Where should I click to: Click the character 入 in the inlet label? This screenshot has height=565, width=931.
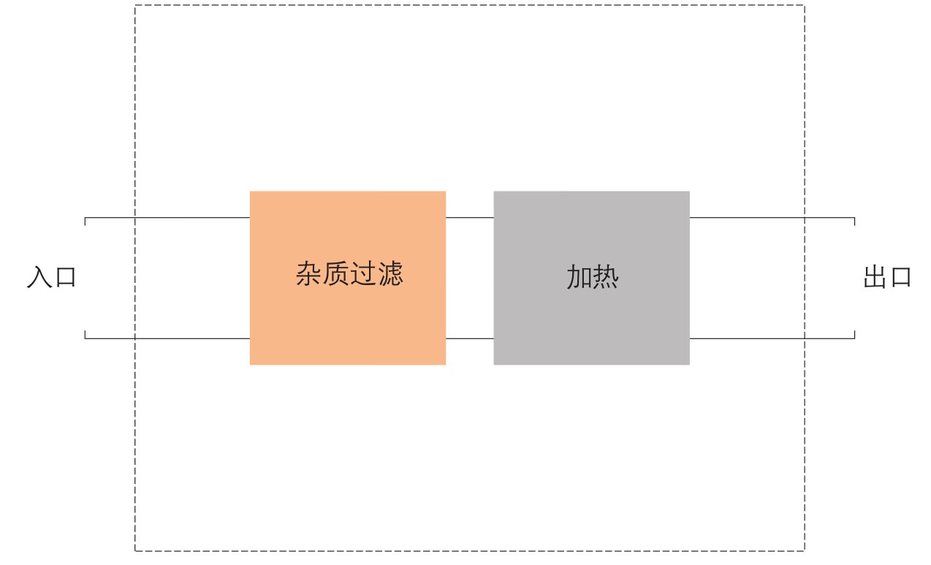click(39, 278)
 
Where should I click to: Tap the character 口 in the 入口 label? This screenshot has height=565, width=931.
click(65, 278)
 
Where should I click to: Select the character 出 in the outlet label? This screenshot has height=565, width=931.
click(875, 278)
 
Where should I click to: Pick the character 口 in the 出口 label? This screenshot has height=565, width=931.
click(900, 278)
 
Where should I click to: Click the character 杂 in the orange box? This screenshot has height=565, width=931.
click(308, 274)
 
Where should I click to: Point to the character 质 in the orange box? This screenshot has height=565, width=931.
click(335, 274)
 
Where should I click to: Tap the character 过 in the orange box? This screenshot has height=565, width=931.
click(362, 274)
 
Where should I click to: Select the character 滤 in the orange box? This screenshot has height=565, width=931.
click(389, 274)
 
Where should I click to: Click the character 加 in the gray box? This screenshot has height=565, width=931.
click(578, 278)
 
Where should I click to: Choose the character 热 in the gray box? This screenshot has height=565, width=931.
click(605, 278)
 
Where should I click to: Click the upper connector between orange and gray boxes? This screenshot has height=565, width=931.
click(470, 218)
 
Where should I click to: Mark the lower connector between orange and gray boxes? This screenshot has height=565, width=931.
click(470, 338)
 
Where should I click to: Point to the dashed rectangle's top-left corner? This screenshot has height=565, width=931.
click(135, 6)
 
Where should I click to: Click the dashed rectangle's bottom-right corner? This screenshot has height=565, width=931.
click(805, 550)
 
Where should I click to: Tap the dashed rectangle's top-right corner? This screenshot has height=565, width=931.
click(805, 6)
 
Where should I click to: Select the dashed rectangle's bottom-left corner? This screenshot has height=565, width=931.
click(135, 550)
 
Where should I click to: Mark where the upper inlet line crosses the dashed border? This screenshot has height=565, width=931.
click(135, 218)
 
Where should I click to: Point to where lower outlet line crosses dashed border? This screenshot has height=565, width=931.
click(805, 338)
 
